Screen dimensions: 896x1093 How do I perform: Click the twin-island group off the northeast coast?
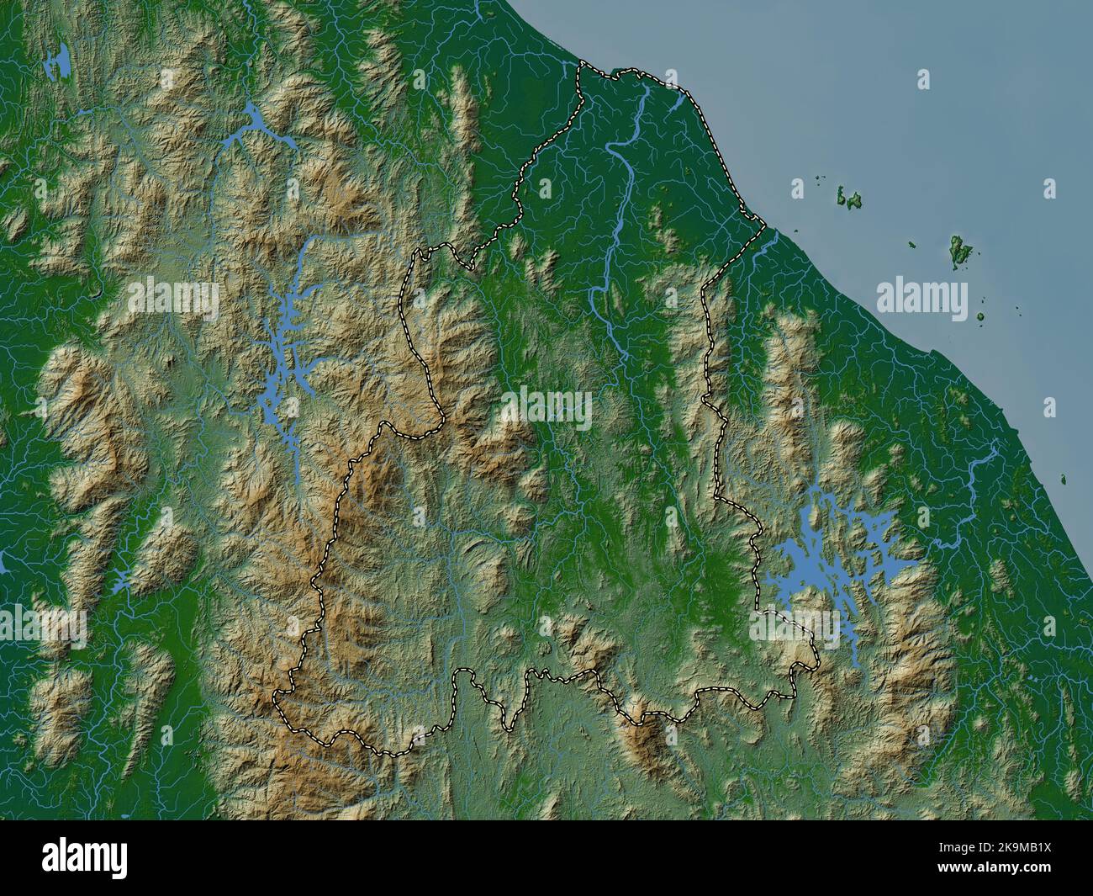[850, 199]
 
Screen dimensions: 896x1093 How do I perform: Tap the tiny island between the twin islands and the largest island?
[912, 245]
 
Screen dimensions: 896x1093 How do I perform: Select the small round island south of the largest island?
[980, 317]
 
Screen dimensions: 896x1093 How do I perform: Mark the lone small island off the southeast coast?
[1064, 480]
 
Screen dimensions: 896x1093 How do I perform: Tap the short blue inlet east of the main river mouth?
[678, 104]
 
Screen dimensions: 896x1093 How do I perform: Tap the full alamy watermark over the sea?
[921, 297]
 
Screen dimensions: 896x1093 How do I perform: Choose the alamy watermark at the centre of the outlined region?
[546, 409]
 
